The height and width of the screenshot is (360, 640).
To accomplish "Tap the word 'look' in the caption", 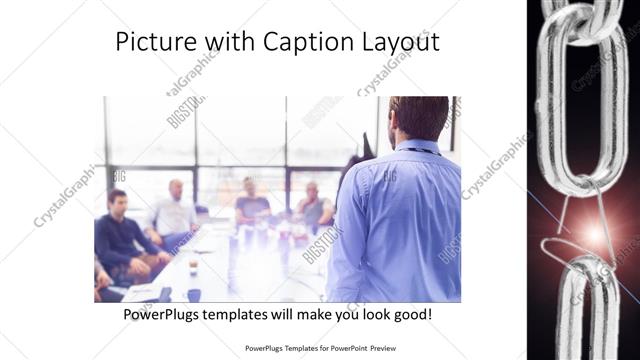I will tap(364, 314).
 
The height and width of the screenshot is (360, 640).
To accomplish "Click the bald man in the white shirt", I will tap(174, 210).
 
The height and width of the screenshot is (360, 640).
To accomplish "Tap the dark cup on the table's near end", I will tap(193, 295).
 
